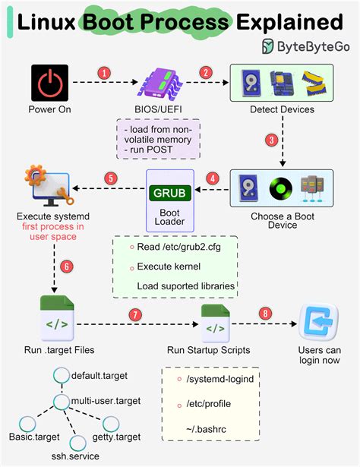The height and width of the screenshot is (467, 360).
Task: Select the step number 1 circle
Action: point(104,73)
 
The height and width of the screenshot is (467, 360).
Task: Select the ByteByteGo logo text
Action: point(314,46)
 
